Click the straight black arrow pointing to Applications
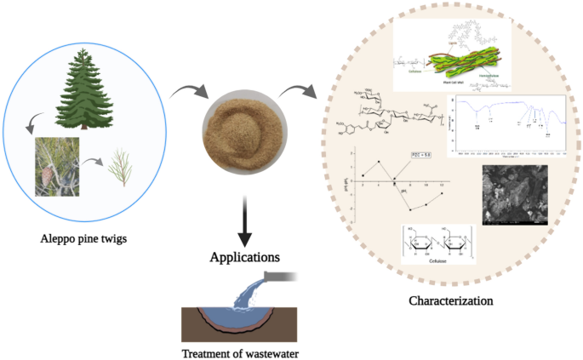point(245,220)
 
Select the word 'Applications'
point(244,255)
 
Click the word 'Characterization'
point(451,300)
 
